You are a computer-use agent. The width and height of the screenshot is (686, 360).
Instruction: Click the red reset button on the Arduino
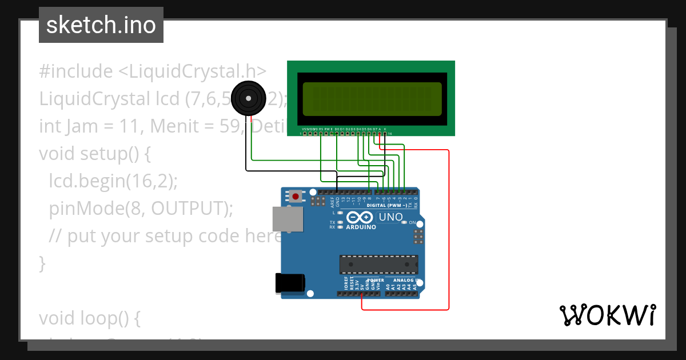[x=295, y=197]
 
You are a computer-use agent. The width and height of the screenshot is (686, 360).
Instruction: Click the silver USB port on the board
[x=287, y=219]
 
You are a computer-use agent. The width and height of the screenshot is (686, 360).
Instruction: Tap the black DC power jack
[x=290, y=284]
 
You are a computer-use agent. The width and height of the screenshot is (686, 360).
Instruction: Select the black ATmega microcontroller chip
[x=378, y=265]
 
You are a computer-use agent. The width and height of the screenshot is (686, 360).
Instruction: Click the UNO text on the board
[x=391, y=217]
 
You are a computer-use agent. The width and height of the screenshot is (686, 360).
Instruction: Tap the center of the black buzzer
[x=249, y=98]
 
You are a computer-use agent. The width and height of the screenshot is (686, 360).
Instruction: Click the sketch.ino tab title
[x=101, y=25]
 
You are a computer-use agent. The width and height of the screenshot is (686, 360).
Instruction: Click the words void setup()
[x=88, y=154]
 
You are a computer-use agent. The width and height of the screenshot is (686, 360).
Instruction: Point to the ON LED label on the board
[x=412, y=222]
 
